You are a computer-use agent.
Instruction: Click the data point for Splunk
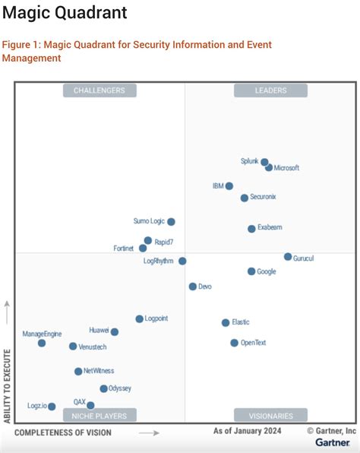264,162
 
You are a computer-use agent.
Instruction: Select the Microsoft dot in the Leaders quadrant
269,167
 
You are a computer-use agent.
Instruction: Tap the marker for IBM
229,185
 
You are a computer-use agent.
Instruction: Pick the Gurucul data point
288,257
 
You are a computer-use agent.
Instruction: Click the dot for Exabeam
251,228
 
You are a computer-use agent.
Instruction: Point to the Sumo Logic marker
171,222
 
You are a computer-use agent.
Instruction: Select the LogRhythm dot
182,261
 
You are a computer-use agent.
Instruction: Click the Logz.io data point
52,407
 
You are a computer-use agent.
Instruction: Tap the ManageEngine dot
42,343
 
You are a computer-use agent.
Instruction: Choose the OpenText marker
234,343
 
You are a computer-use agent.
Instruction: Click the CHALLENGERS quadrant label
99,90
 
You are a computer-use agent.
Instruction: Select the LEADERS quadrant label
270,90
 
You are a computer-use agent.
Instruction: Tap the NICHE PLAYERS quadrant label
99,415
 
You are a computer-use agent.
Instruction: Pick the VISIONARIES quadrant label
270,415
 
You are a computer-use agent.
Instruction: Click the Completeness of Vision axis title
63,432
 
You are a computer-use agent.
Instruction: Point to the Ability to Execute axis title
8,386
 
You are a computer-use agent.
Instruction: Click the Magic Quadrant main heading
65,14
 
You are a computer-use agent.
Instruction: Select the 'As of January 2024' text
248,431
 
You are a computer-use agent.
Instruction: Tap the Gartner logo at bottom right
333,442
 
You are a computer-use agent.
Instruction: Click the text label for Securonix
263,197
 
